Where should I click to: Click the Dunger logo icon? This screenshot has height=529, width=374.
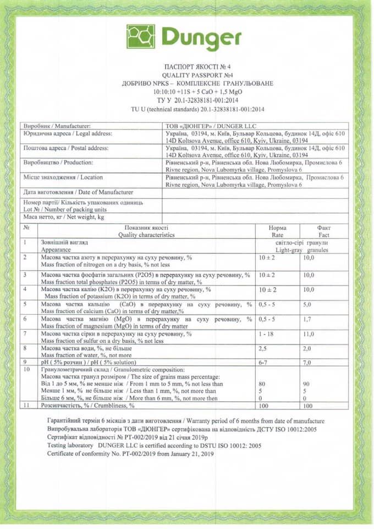tap(141, 37)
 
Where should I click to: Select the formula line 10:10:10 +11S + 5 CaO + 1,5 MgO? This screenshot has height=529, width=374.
tap(187, 92)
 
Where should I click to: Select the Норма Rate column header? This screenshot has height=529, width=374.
tap(277, 231)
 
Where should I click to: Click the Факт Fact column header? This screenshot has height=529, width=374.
tap(323, 231)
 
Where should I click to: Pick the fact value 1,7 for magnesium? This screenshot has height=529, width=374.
tap(308, 319)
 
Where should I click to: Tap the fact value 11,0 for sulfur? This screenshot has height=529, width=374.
tap(309, 334)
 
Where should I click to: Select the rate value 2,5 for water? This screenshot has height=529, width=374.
tap(263, 349)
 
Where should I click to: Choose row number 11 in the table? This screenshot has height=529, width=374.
tap(26, 405)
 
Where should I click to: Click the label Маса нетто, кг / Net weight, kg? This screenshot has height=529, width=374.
tap(64, 218)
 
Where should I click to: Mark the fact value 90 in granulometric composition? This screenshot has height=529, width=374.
tap(307, 384)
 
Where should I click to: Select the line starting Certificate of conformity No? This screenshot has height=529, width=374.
tap(130, 454)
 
